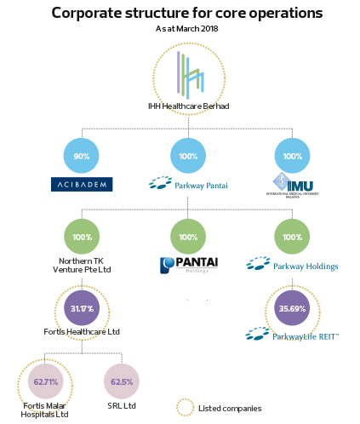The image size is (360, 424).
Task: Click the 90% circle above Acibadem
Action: coord(82,156)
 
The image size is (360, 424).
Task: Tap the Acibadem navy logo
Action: coord(82,185)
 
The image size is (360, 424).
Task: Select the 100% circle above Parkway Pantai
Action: coord(188,156)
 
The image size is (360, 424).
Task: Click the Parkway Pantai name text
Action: coord(201,186)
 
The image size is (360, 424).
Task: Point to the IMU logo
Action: coord(293,186)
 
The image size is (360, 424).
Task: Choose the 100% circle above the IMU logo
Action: coord(292,156)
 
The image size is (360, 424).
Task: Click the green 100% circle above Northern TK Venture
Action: coord(82,237)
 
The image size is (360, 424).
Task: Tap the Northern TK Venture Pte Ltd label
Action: coord(82,265)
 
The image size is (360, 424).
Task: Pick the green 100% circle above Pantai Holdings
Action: coord(188,237)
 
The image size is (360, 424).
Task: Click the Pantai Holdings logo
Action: coord(189,266)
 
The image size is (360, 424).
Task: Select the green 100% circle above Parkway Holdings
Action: coord(292,237)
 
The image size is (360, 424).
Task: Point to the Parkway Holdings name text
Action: coord(306,266)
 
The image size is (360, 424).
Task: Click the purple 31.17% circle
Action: coord(82,308)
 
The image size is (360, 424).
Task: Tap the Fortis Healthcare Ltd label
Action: coord(82,332)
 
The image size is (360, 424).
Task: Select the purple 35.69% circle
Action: coord(292,308)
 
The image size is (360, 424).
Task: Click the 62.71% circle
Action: coord(46,381)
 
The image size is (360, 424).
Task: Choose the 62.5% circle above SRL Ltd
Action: coord(122,381)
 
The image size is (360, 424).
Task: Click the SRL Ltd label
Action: coord(122,406)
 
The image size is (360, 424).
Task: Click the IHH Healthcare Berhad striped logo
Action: coord(190,74)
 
